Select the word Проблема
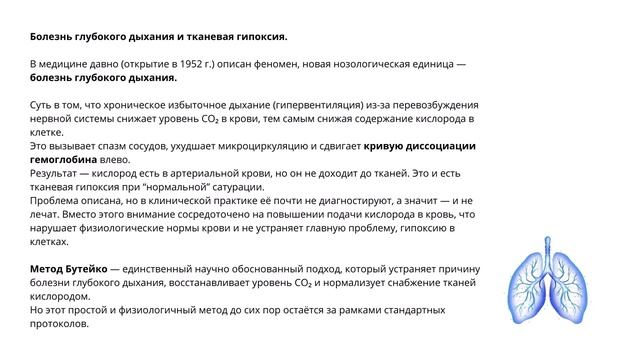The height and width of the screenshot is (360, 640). tap(58, 201)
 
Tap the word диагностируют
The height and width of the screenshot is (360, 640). tap(339, 201)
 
